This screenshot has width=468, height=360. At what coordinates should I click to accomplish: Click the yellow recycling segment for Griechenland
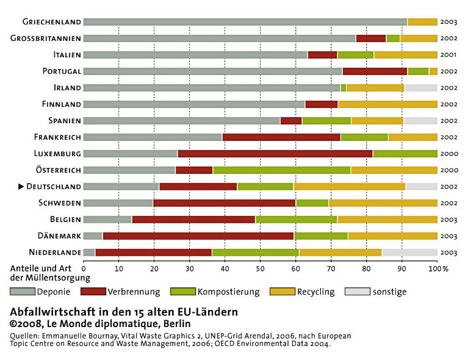pyautogui.click(x=422, y=22)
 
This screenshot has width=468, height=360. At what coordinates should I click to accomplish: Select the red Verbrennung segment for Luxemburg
pyautogui.click(x=275, y=154)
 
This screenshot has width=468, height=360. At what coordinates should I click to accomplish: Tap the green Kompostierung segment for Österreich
pyautogui.click(x=281, y=170)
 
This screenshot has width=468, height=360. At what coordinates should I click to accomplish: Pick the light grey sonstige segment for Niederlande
pyautogui.click(x=409, y=253)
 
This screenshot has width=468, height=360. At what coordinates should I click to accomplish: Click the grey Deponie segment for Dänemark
pyautogui.click(x=93, y=236)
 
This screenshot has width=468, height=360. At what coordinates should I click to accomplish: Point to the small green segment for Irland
pyautogui.click(x=344, y=88)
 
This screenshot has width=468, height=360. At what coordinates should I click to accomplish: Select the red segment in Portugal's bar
pyautogui.click(x=375, y=71)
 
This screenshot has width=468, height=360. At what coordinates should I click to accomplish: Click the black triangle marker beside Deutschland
pyautogui.click(x=21, y=187)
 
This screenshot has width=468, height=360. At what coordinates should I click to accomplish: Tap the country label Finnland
pyautogui.click(x=62, y=104)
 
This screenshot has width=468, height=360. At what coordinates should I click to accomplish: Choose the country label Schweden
pyautogui.click(x=60, y=203)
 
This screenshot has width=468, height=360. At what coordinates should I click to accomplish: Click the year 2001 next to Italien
pyautogui.click(x=448, y=55)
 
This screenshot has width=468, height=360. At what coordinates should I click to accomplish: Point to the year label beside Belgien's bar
pyautogui.click(x=448, y=220)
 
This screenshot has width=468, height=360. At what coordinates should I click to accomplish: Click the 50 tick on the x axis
pyautogui.click(x=261, y=268)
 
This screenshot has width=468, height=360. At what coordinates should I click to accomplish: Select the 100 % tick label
pyautogui.click(x=438, y=268)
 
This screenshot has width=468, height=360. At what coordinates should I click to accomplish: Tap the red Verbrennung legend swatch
pyautogui.click(x=93, y=292)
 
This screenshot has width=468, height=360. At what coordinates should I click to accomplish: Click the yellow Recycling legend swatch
pyautogui.click(x=283, y=292)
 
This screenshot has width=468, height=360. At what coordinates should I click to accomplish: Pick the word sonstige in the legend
pyautogui.click(x=389, y=292)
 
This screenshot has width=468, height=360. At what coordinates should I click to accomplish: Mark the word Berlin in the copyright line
pyautogui.click(x=177, y=323)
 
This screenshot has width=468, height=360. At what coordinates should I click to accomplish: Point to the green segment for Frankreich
pyautogui.click(x=364, y=137)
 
